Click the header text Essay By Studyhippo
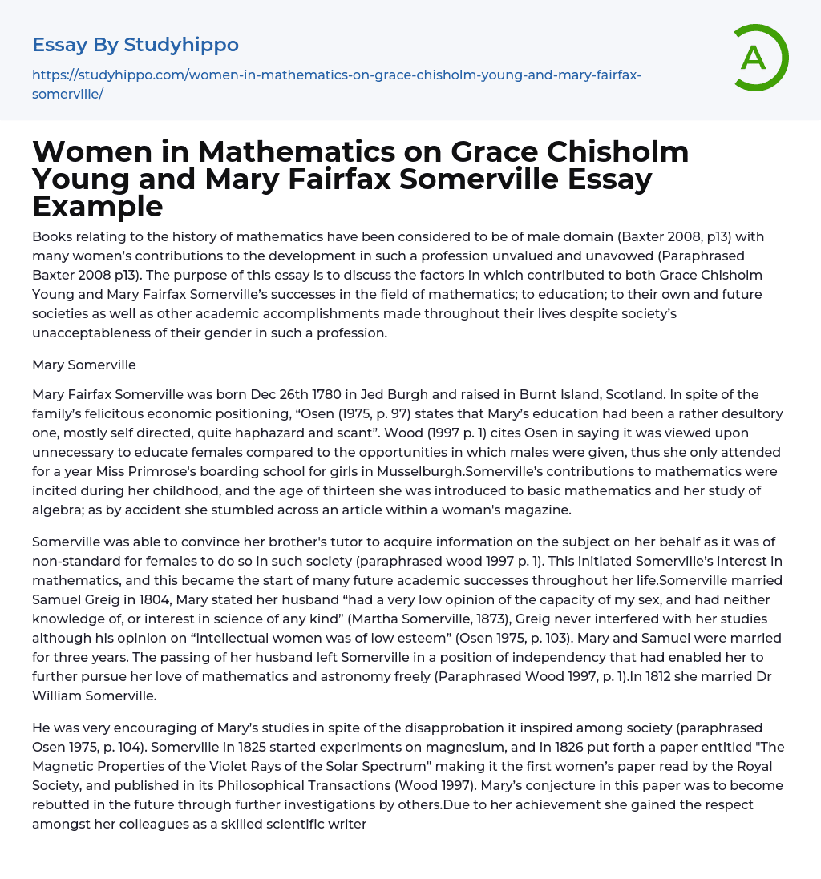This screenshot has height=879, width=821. (135, 45)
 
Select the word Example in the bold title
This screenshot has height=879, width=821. (98, 206)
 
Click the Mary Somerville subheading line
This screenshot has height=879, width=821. (84, 365)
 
